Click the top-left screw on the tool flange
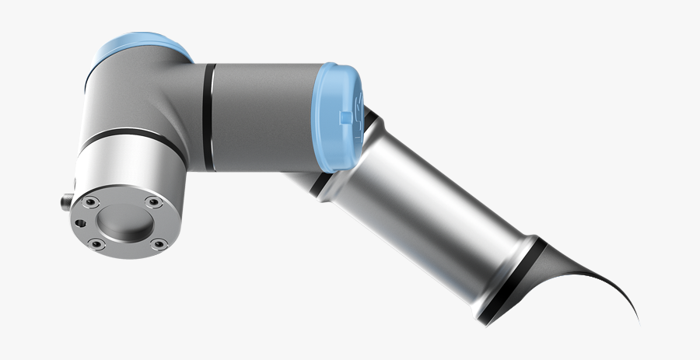click(x=91, y=201)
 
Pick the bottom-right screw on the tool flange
click(x=159, y=245)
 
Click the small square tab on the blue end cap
click(x=345, y=118)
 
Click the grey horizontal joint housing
click(x=264, y=117)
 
